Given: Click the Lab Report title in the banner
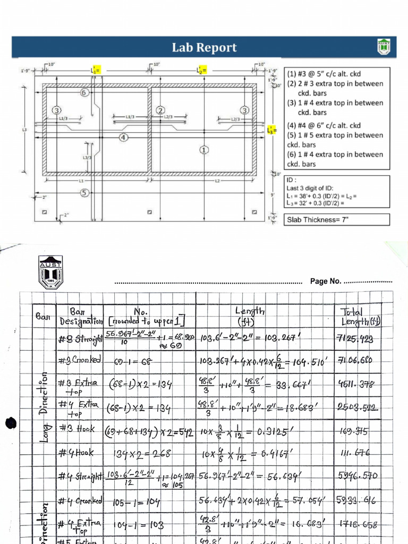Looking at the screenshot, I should [x=204, y=47].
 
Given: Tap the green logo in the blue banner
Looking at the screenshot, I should [x=384, y=47].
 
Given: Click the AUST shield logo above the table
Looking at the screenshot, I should [x=50, y=272].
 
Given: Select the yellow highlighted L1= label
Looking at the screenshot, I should [x=95, y=70].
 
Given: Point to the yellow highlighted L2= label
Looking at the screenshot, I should [x=201, y=70].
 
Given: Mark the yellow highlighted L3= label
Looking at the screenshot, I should [x=272, y=129].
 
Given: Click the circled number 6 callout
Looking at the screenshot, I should [x=84, y=92].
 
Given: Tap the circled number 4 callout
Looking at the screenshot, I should [x=123, y=137].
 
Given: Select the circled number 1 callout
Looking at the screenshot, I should [x=203, y=149].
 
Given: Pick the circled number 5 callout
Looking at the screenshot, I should [x=84, y=193].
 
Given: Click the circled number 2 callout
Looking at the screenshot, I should [x=160, y=110].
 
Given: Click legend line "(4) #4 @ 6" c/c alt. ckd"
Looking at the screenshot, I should [x=324, y=125].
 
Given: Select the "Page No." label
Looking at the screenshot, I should [x=326, y=281].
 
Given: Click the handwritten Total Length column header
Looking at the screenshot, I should [x=361, y=316].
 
